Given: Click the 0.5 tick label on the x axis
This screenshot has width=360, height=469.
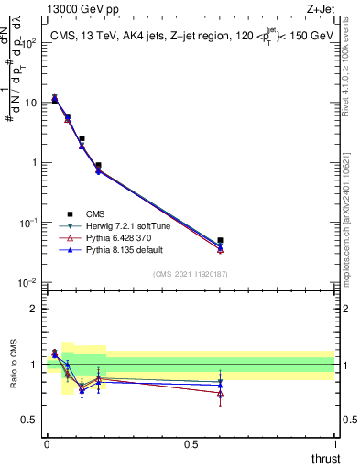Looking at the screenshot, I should coord(191,444).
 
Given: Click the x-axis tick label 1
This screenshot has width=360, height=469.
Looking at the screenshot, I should coord(335,444).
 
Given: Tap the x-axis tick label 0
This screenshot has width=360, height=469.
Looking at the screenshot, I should coord(47,444).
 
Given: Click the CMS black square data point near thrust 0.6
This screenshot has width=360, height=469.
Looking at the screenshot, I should coord(220,240).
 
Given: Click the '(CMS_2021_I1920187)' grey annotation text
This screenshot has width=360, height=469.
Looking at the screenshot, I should coord(191,273).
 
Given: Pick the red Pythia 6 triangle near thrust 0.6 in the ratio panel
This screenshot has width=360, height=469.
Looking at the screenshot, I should coord(220,393).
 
